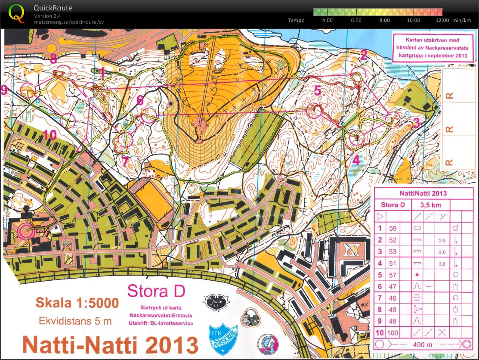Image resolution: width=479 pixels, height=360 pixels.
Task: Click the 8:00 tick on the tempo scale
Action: coord(384,20)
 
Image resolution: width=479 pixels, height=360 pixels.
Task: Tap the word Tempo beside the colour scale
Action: coord(296,20)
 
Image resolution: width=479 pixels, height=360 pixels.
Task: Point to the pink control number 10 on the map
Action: coord(49,135)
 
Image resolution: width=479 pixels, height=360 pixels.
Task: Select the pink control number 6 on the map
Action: coord(140,100)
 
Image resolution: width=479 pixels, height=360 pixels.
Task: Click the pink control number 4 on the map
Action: coord(356,160)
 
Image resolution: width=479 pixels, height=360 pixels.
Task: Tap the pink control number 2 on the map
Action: coord(364,55)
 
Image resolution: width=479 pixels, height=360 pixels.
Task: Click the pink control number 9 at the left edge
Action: coord(4,90)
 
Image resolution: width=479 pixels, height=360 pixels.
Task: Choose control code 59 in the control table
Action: coord(392,228)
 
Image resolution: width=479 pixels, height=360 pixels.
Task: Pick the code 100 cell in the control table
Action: coord(392,332)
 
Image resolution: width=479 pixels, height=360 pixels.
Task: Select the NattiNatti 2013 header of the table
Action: coord(423,193)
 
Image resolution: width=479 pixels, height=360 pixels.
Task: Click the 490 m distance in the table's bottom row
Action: coord(423,344)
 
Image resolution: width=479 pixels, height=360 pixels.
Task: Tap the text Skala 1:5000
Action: coord(77,303)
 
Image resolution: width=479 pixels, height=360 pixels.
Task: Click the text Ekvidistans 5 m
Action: coord(75,321)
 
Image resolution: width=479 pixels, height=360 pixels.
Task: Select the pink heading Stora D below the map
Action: coord(156,292)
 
